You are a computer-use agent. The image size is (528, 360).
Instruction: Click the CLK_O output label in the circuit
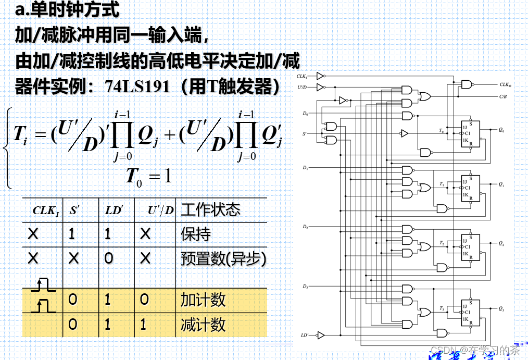pyautogui.click(x=505, y=84)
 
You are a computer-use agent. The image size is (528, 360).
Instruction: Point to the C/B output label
pyautogui.click(x=504, y=96)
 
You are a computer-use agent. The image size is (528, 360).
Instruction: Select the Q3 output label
pyautogui.click(x=501, y=309)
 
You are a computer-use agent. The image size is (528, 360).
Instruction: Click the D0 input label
pyautogui.click(x=305, y=113)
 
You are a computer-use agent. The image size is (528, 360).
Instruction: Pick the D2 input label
pyautogui.click(x=305, y=227)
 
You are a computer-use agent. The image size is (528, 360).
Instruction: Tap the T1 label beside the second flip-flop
pyautogui.click(x=442, y=184)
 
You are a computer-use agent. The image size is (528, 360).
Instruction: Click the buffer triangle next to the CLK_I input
pyautogui.click(x=320, y=76)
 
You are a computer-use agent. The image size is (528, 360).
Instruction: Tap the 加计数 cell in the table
pyautogui.click(x=203, y=300)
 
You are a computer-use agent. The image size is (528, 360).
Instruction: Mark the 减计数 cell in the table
pyautogui.click(x=203, y=325)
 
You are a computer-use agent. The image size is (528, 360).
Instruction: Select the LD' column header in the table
pyautogui.click(x=113, y=210)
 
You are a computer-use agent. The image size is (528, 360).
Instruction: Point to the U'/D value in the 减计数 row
pyautogui.click(x=144, y=325)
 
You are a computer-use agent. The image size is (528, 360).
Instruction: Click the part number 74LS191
pyautogui.click(x=137, y=86)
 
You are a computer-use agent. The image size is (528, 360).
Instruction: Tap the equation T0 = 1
pyautogui.click(x=148, y=176)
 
